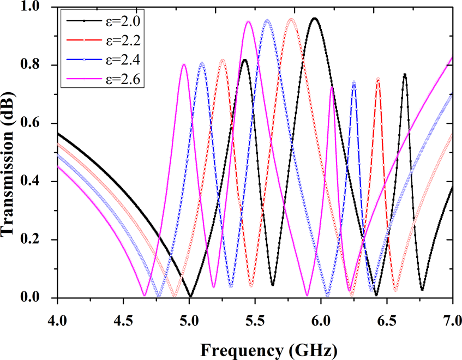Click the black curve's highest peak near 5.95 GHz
click(x=314, y=19)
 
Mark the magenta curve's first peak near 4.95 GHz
click(x=184, y=64)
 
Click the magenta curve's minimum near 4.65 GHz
click(x=145, y=295)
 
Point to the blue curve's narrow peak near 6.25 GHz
click(x=354, y=81)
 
